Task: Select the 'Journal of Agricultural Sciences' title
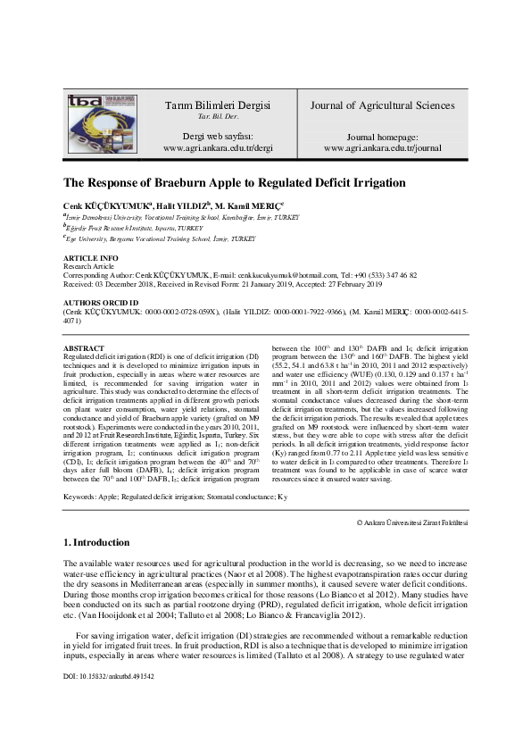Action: coord(382,105)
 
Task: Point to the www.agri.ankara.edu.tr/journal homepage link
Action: coord(382,147)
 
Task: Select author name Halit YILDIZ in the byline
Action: coord(190,205)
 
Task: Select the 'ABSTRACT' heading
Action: coord(83,347)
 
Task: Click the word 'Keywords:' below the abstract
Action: coord(80,495)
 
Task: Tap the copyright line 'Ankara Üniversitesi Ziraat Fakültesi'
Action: coord(414,522)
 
